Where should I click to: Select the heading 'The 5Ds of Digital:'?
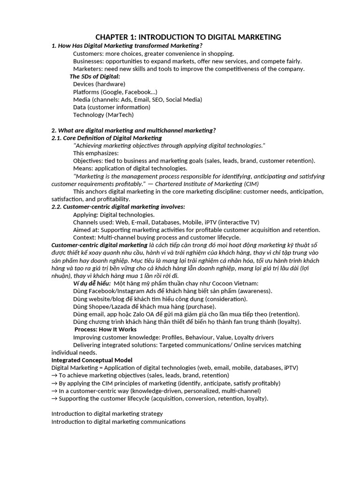tap(95, 76)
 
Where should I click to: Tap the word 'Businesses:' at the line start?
tap(89, 61)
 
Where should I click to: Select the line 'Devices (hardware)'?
tap(99, 84)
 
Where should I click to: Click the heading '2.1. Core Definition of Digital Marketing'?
tap(106, 138)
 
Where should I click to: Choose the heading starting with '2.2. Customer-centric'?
tap(118, 207)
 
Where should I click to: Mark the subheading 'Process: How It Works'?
tap(105, 330)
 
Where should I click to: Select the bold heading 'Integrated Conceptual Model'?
tap(91, 360)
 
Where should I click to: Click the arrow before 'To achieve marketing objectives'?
tap(54, 375)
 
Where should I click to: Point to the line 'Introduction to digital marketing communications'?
tap(118, 421)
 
